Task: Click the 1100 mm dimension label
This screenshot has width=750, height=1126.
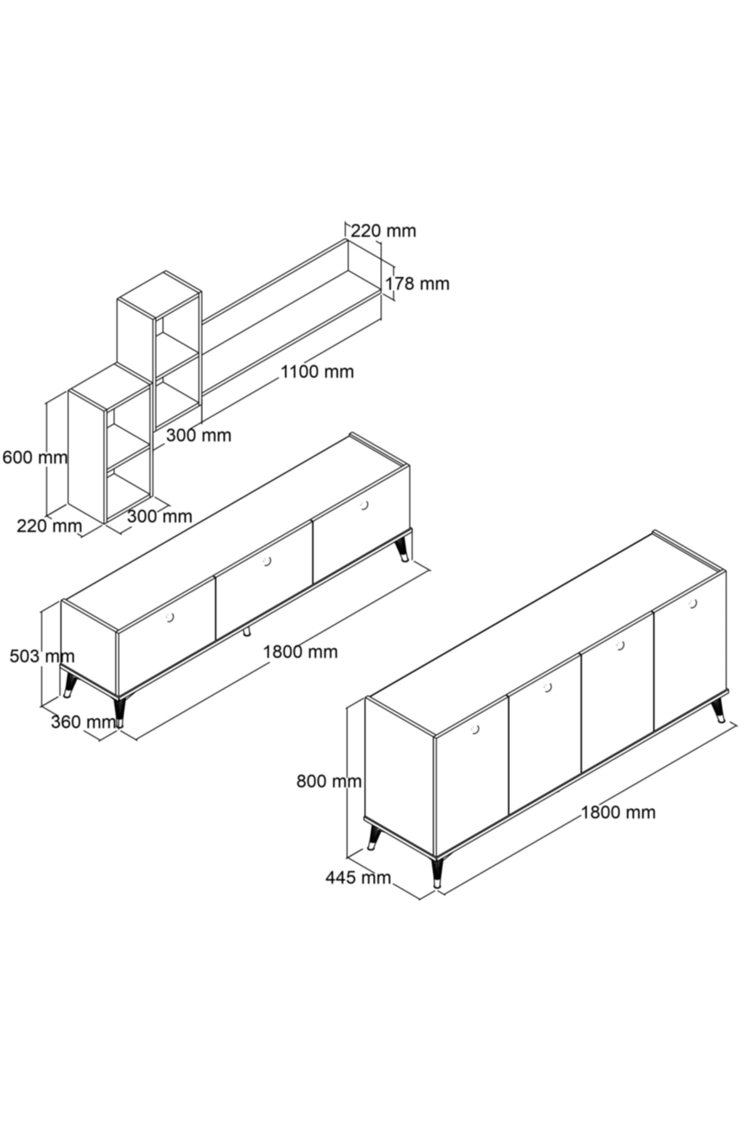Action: click(x=317, y=372)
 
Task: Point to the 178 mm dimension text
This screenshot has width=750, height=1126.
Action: click(x=417, y=283)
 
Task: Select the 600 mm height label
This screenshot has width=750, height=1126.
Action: click(x=35, y=457)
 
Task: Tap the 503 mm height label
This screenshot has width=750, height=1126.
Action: click(x=42, y=656)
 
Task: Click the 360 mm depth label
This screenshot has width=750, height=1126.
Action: click(x=83, y=721)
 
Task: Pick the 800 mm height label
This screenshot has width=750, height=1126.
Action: click(x=329, y=781)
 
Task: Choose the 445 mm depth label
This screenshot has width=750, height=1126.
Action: click(x=357, y=878)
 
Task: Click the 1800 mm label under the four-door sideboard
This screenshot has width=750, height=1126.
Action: click(x=618, y=812)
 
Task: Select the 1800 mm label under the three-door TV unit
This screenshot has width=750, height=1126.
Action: click(x=300, y=652)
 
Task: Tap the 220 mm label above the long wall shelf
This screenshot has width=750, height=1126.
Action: click(x=383, y=231)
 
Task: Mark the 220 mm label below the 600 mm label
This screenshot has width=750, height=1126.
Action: click(x=49, y=525)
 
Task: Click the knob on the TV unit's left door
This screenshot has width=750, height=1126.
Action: click(x=169, y=617)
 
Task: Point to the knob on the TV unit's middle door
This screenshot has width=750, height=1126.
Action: click(x=267, y=560)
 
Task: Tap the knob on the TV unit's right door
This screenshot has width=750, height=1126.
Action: click(x=365, y=504)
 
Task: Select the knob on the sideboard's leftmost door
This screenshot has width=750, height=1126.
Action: click(x=474, y=729)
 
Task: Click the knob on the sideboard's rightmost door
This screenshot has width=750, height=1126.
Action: click(x=692, y=603)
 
